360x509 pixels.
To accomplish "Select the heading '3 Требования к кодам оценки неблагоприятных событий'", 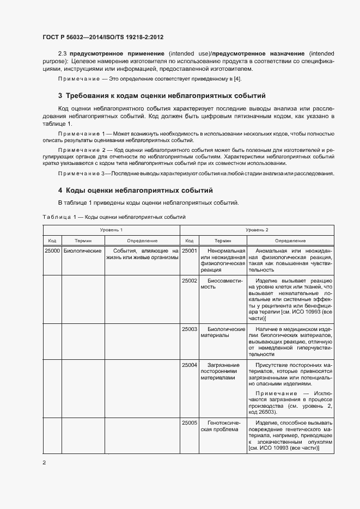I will click(x=162, y=96).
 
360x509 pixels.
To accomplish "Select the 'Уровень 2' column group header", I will click(x=257, y=230).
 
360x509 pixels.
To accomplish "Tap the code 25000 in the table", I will click(x=52, y=250).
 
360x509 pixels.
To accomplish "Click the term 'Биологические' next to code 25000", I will click(x=83, y=250).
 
